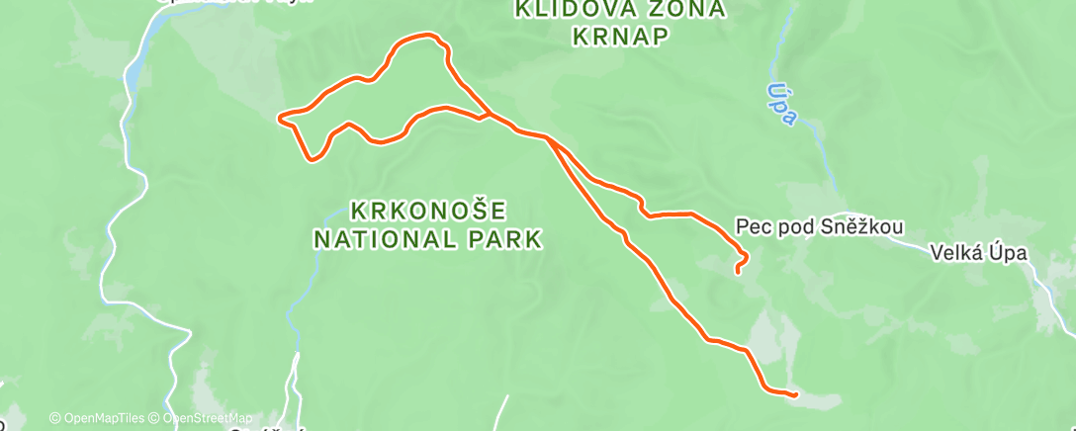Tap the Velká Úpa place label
pos(979,253)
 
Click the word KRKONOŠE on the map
pos(430,211)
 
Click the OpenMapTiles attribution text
pos(96,418)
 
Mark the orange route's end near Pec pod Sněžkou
pos(738,270)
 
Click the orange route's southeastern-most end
pos(795,394)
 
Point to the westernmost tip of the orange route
pos(281,119)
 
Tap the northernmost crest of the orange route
pos(427,36)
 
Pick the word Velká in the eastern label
pos(955,253)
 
